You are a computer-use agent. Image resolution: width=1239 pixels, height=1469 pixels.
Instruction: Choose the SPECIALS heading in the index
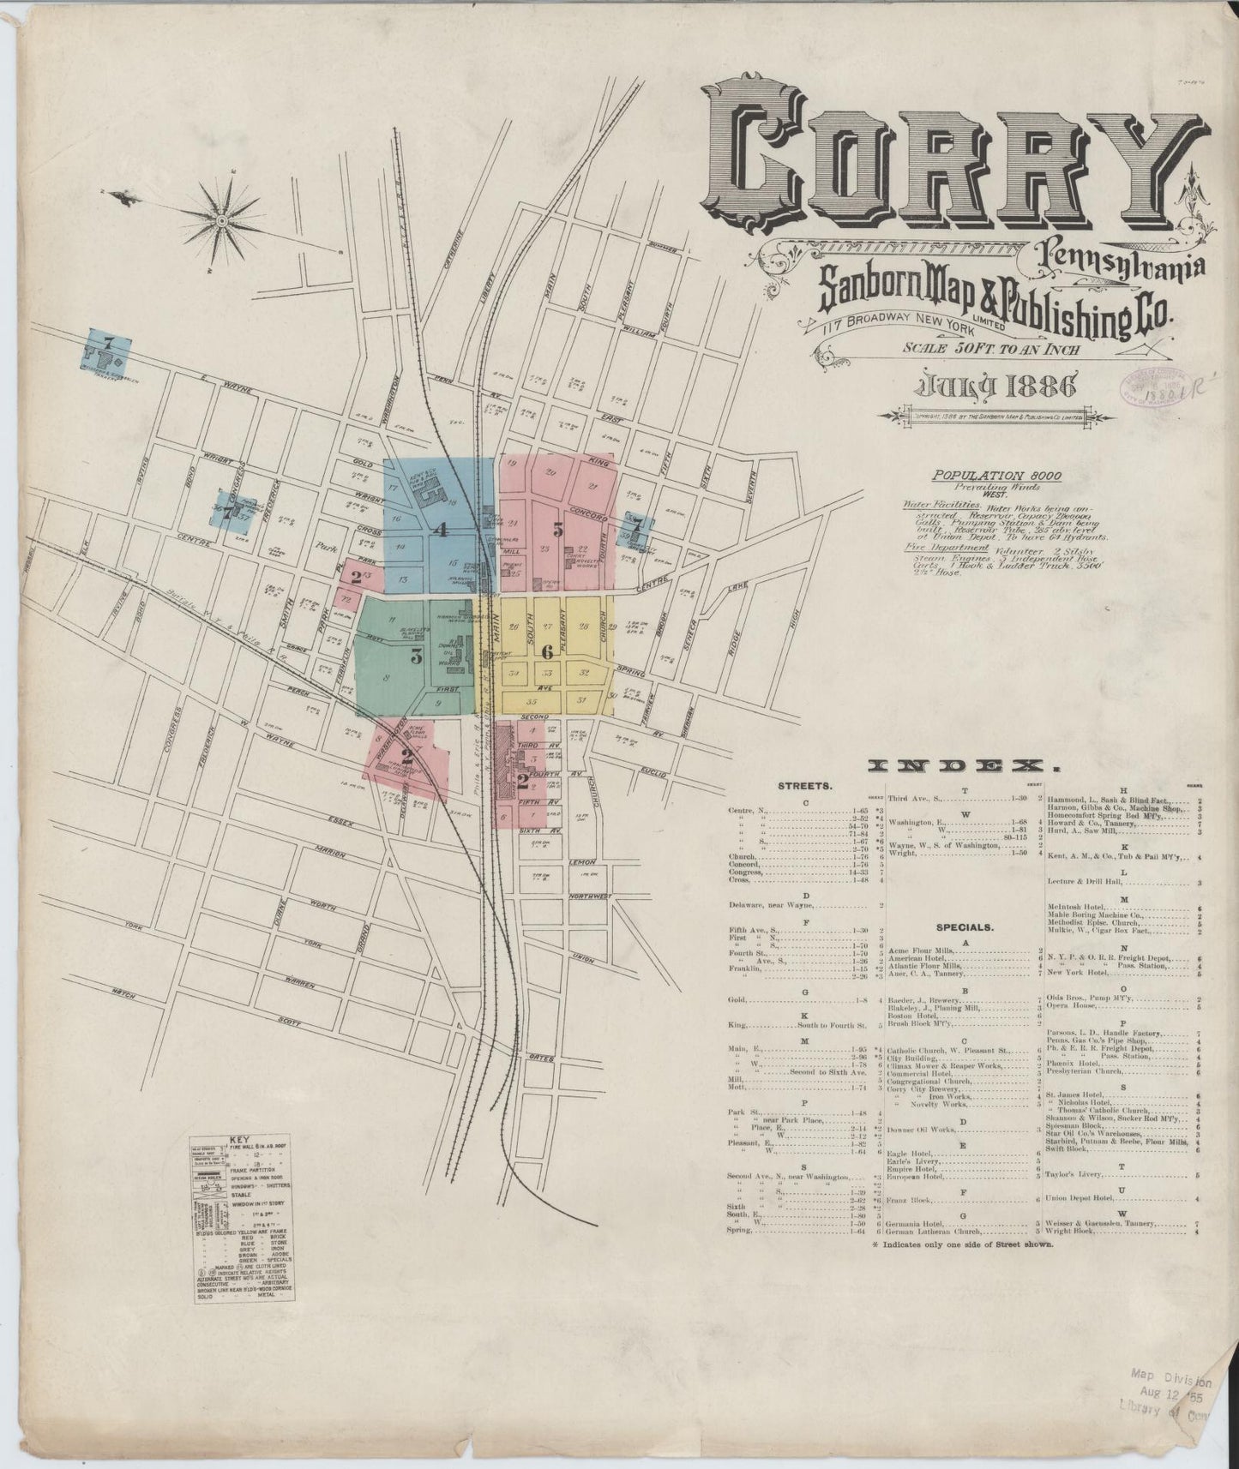pyautogui.click(x=965, y=926)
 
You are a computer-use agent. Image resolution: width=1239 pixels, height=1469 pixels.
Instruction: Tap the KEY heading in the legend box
pyautogui.click(x=241, y=1141)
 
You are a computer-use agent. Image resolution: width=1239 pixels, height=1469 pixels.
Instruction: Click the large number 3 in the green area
pyautogui.click(x=417, y=657)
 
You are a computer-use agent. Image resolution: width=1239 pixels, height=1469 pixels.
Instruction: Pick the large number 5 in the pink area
pyautogui.click(x=557, y=531)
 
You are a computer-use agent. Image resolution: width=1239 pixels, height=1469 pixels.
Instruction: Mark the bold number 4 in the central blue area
pyautogui.click(x=441, y=530)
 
